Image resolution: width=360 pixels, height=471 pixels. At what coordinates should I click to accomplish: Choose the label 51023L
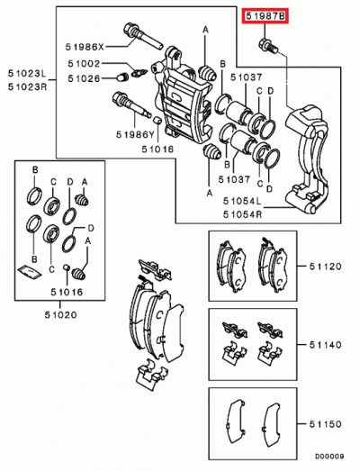pos(26,75)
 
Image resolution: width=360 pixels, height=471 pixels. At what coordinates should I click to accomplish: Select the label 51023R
pos(26,86)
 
